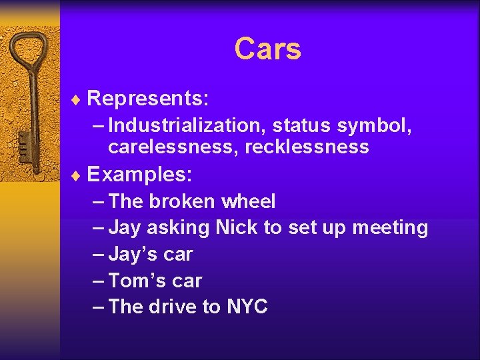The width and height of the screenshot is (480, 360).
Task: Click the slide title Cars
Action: pos(267,49)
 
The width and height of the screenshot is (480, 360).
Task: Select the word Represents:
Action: pos(149,99)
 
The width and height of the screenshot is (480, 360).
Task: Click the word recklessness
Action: pos(307,147)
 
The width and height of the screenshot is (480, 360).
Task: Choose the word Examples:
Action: pos(140,175)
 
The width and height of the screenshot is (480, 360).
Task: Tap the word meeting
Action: pos(390,229)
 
